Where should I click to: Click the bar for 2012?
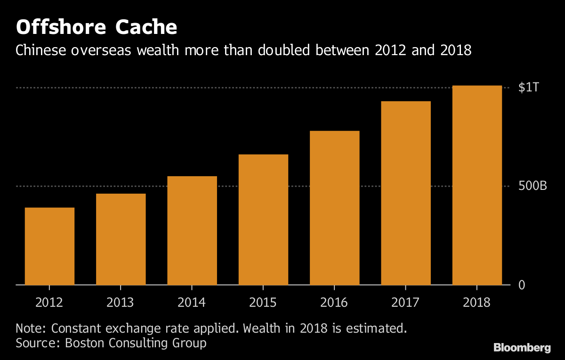pyautogui.click(x=49, y=246)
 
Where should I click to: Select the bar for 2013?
pyautogui.click(x=121, y=239)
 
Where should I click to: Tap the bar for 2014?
pyautogui.click(x=192, y=230)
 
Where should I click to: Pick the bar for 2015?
pyautogui.click(x=263, y=220)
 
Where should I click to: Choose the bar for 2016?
pyautogui.click(x=335, y=208)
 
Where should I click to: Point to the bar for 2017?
pyautogui.click(x=406, y=193)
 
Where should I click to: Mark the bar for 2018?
pyautogui.click(x=477, y=185)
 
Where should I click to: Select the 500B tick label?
pyautogui.click(x=533, y=187)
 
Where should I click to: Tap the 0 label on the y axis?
pyautogui.click(x=522, y=285)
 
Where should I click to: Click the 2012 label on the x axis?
pyautogui.click(x=49, y=302)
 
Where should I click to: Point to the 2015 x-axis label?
pyautogui.click(x=263, y=302)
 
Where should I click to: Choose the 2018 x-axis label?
pyautogui.click(x=477, y=302)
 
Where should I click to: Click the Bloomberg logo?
pyautogui.click(x=522, y=348)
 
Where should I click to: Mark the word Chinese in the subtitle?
pyautogui.click(x=41, y=50)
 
